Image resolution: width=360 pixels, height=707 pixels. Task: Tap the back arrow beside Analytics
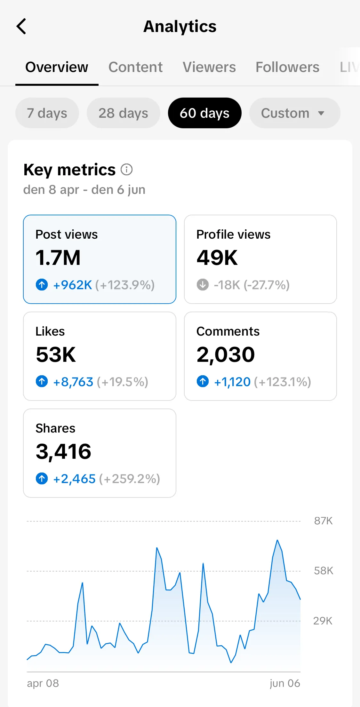click(21, 26)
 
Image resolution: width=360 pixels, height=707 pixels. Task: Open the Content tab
click(135, 67)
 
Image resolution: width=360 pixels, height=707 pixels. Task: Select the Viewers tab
click(209, 67)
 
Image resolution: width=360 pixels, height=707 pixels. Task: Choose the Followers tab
click(287, 67)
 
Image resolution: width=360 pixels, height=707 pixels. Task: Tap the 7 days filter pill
click(47, 113)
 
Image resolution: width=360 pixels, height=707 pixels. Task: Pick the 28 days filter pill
click(123, 113)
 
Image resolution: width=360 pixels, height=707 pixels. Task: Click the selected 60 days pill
click(204, 113)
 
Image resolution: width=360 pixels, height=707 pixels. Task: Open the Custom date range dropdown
click(294, 113)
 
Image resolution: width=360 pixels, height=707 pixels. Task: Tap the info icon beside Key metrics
click(127, 170)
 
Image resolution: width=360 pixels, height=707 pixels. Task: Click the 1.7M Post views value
click(58, 258)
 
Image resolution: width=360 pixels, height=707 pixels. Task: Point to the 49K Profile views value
click(217, 258)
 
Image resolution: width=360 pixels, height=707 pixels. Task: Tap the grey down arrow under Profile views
click(203, 284)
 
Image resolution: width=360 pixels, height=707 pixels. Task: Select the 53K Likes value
click(56, 355)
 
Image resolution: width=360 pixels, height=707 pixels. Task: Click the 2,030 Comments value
click(226, 355)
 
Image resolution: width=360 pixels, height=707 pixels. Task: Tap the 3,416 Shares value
click(63, 452)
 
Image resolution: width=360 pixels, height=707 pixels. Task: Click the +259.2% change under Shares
click(130, 479)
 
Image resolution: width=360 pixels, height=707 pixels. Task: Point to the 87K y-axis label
click(323, 521)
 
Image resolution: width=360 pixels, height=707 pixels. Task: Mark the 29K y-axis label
click(323, 621)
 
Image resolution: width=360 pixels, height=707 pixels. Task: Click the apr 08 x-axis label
click(43, 683)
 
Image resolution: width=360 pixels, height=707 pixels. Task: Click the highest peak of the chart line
click(277, 540)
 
